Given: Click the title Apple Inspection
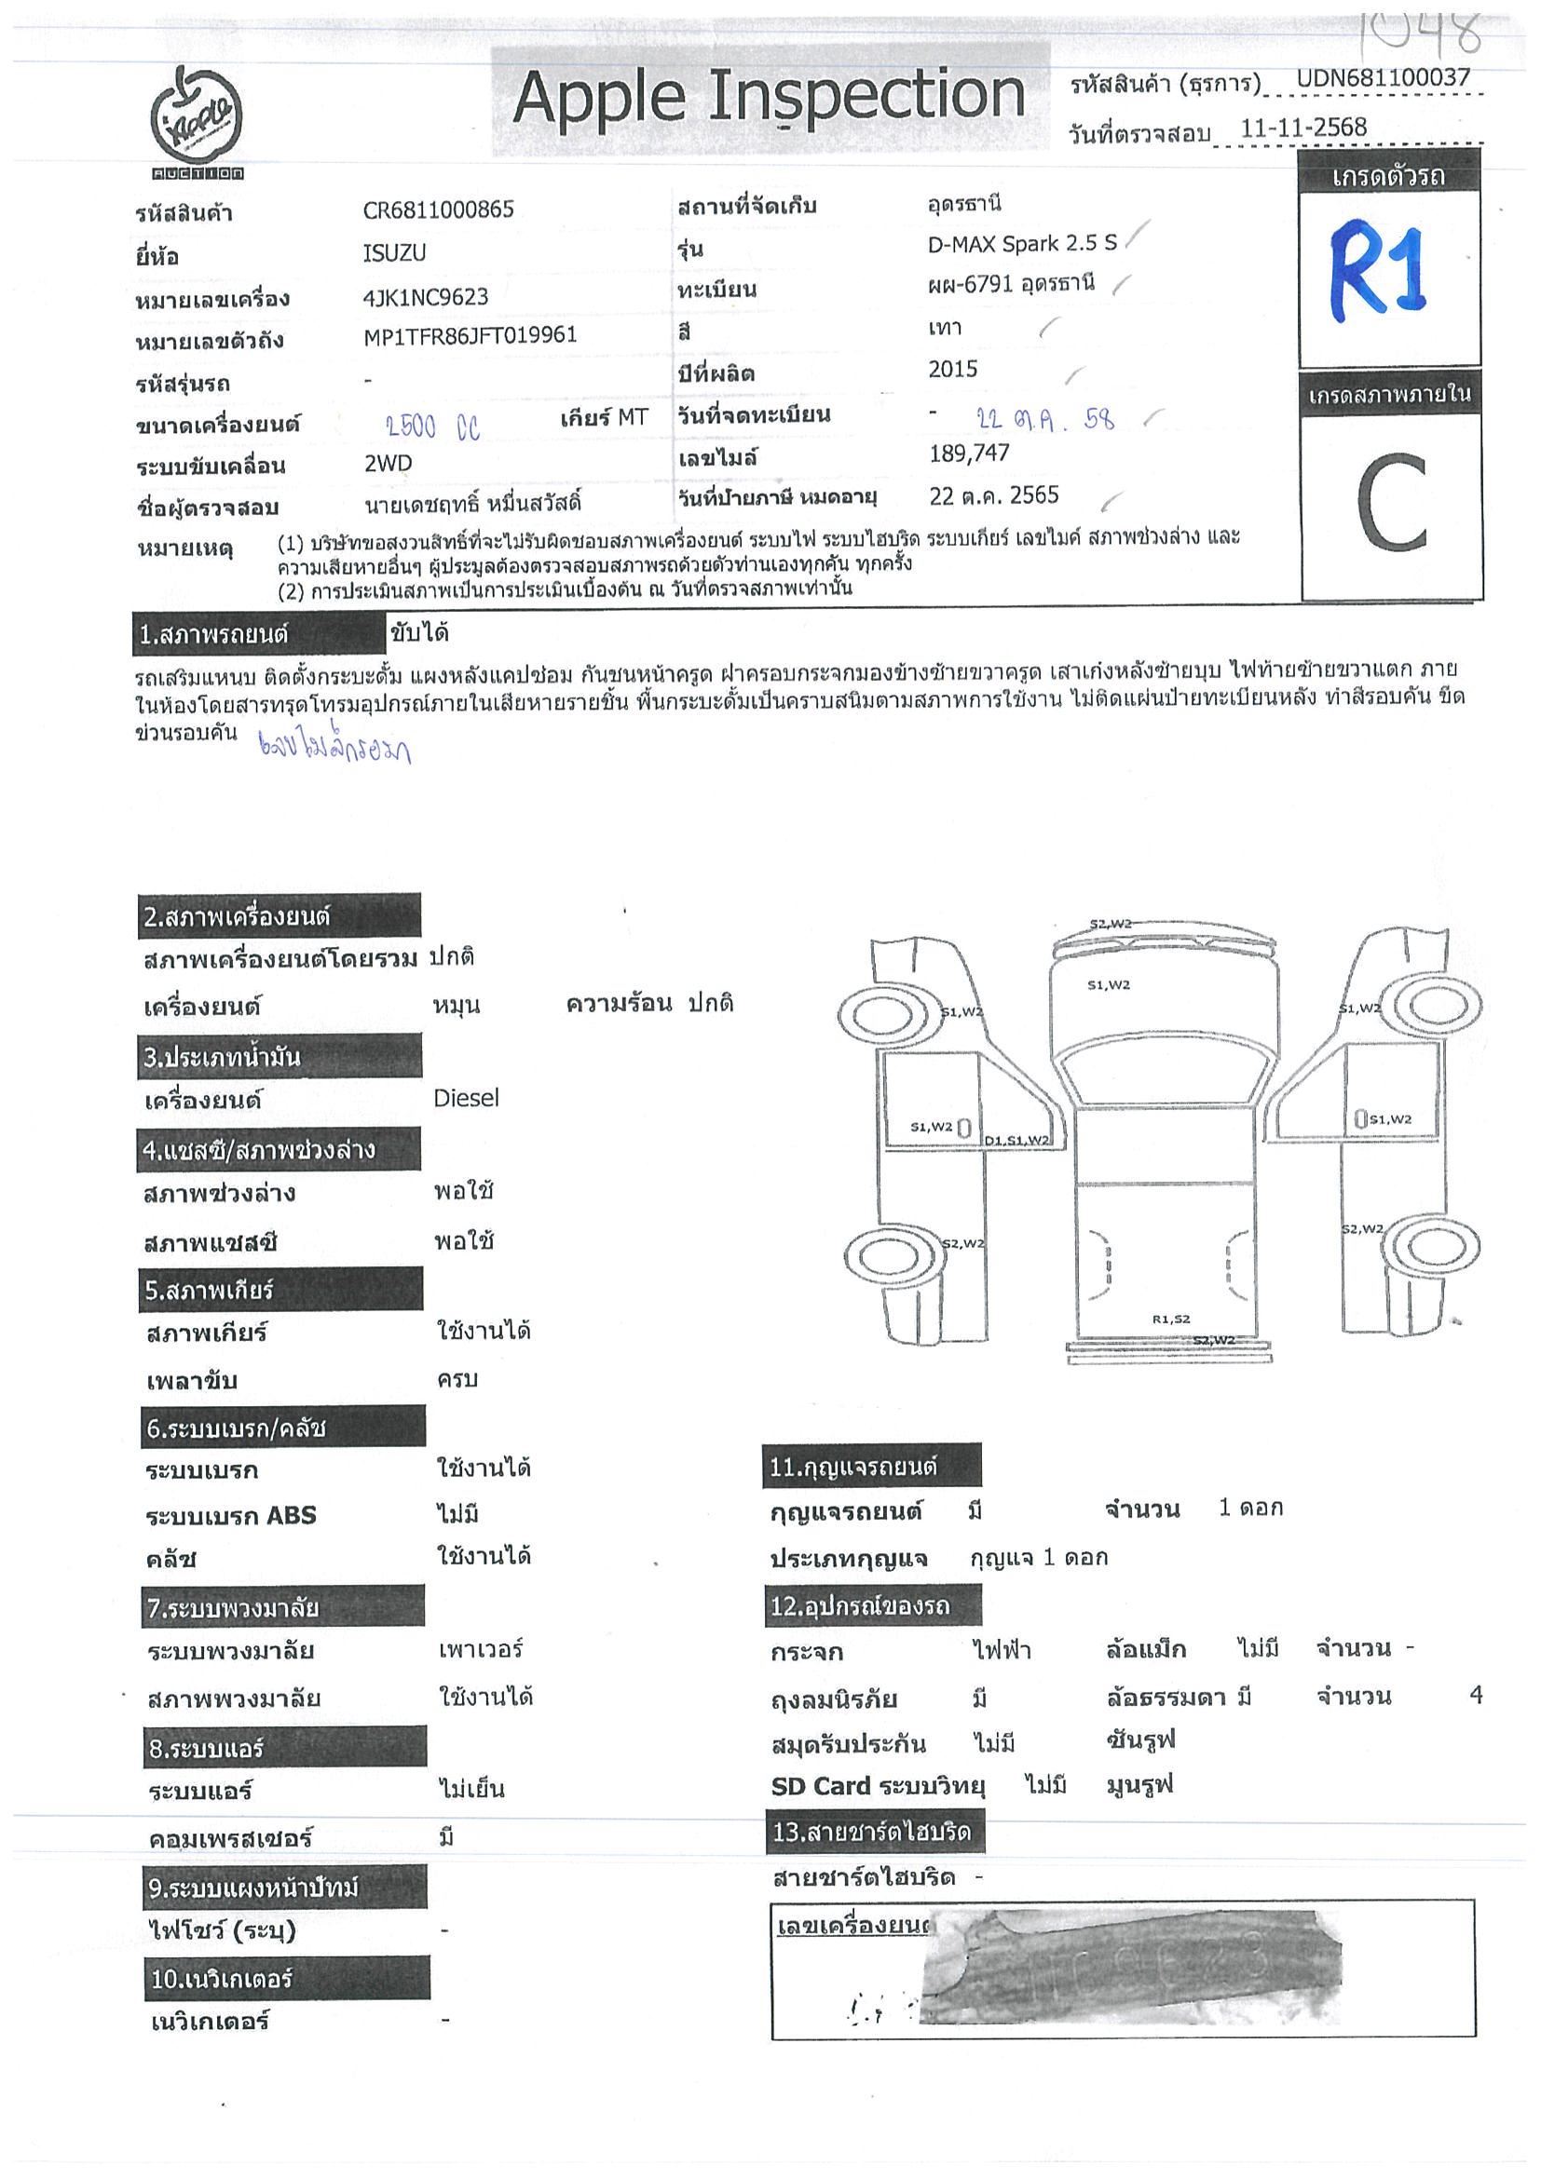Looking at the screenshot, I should (768, 98).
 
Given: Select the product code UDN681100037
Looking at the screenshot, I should (1383, 79).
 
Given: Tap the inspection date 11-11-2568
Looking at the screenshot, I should (1303, 129).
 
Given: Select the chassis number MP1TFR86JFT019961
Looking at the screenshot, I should (470, 336).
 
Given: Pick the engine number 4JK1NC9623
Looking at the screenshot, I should (426, 297).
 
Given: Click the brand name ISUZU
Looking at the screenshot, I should (394, 253).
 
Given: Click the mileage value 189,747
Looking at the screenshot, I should (968, 453).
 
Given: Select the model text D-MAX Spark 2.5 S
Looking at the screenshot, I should (1022, 244).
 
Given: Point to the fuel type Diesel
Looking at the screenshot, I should (465, 1098).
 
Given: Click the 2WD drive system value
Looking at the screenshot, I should (388, 463).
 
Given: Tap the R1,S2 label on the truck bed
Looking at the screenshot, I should (1171, 1320).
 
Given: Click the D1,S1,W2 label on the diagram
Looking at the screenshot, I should (1016, 1140).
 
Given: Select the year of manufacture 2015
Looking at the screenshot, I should (952, 369).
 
